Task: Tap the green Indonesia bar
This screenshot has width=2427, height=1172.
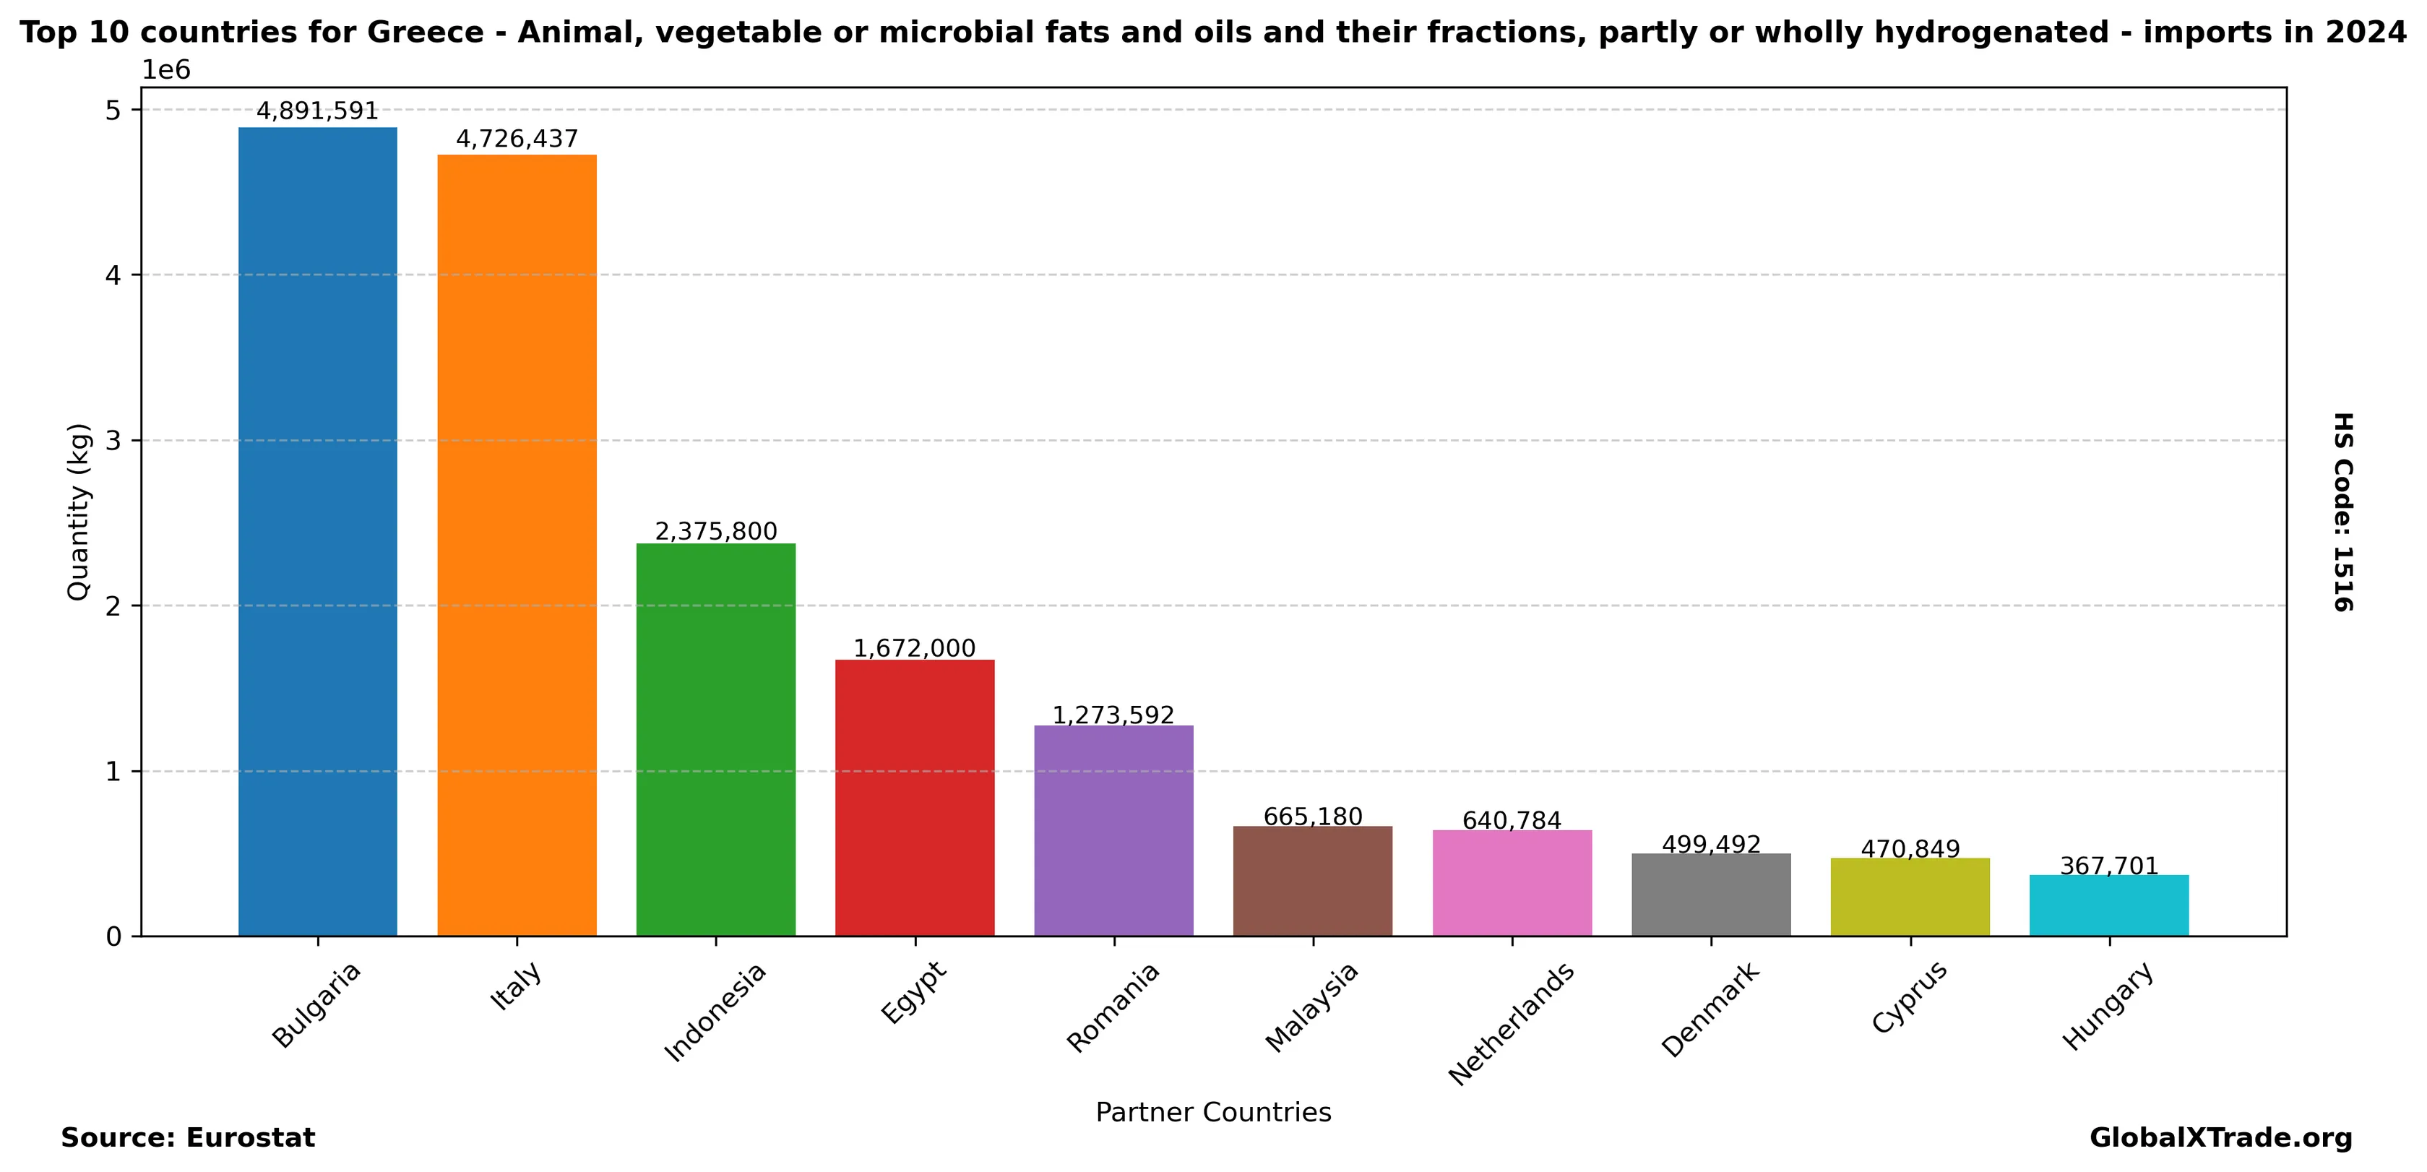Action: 716,740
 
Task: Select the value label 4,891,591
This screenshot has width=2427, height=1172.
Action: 317,111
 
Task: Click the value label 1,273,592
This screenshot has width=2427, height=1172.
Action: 1113,715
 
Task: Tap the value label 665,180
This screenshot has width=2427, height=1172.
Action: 1312,816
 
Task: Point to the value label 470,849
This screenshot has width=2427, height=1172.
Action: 1910,849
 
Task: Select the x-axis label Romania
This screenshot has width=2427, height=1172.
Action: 1113,1007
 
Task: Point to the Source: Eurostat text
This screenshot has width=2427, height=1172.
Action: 187,1138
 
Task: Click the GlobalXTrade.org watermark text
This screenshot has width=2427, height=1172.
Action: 2220,1138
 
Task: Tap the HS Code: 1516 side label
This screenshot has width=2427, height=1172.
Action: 2343,511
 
